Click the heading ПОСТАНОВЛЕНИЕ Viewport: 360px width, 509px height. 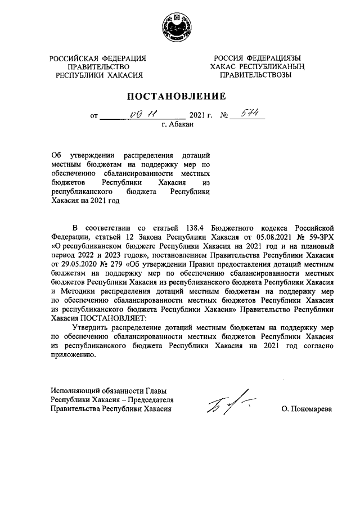pyautogui.click(x=179, y=96)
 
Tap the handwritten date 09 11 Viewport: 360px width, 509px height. pyautogui.click(x=139, y=115)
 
